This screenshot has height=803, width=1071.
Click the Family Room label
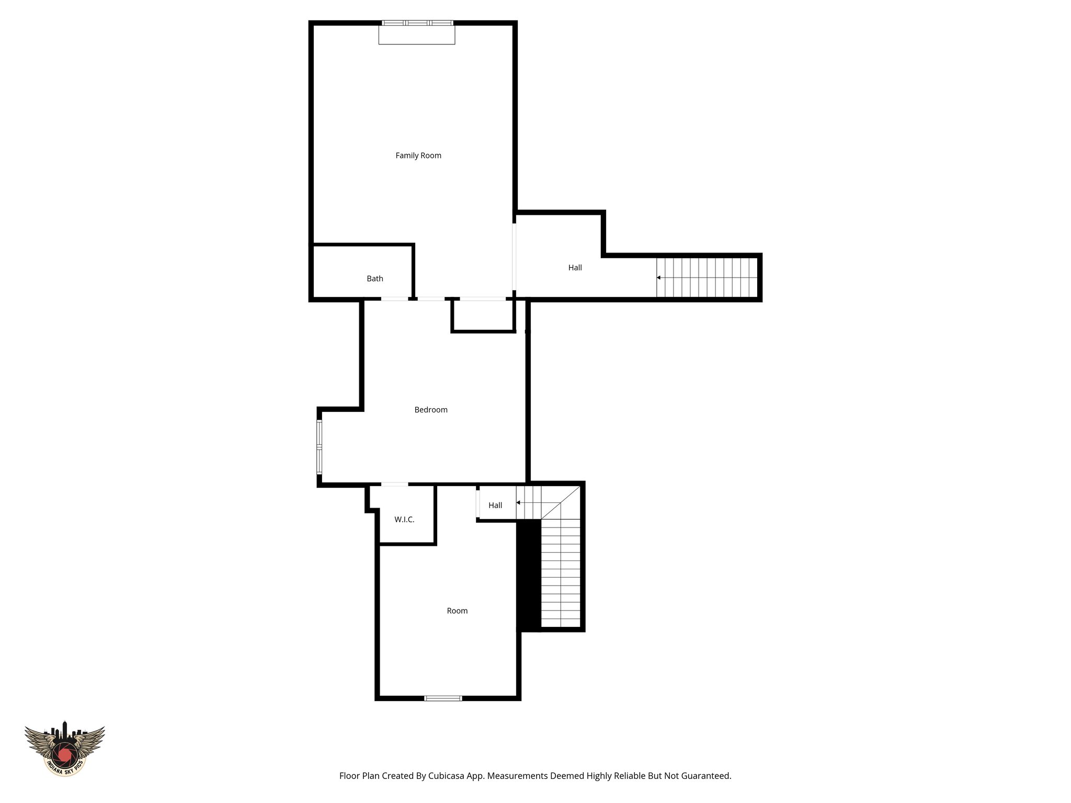[418, 155]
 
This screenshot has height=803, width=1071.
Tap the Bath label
[375, 279]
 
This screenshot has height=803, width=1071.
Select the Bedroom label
[431, 410]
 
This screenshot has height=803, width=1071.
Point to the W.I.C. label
[404, 520]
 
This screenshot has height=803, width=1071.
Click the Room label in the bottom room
[457, 611]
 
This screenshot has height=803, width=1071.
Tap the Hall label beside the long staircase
[575, 268]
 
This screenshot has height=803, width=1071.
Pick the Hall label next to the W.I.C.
[495, 505]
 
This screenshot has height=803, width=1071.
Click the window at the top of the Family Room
[417, 23]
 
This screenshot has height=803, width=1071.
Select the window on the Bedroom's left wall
[319, 447]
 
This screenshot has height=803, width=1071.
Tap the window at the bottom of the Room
[443, 698]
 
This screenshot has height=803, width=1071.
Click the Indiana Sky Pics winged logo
[65, 748]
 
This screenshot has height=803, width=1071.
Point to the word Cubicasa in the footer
[447, 776]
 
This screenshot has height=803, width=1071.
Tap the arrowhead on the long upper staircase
[659, 278]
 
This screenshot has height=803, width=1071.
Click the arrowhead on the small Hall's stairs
[518, 502]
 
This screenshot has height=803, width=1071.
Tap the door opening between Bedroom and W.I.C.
[394, 485]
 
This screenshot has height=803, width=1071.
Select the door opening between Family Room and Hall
[514, 257]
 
